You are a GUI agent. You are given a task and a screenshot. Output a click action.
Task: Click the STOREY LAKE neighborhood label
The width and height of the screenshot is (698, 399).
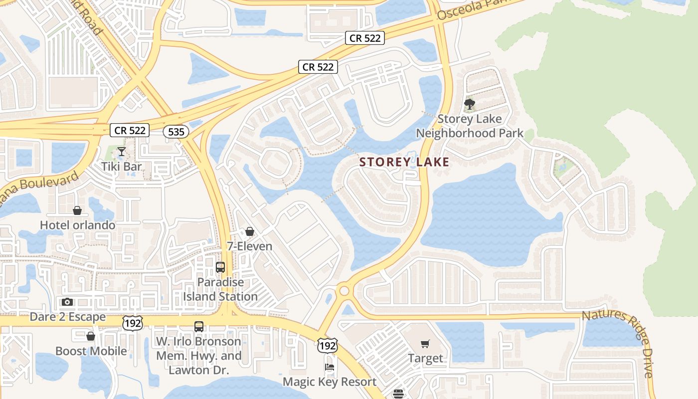(404, 162)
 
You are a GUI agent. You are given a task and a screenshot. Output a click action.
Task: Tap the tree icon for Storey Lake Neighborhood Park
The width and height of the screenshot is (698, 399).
(469, 104)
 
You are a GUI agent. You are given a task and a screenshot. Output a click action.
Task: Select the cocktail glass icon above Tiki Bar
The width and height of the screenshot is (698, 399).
(121, 151)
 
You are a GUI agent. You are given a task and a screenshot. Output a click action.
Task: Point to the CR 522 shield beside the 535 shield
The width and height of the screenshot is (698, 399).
(130, 130)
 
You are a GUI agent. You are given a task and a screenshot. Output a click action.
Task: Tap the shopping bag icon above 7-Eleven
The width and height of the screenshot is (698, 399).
(249, 231)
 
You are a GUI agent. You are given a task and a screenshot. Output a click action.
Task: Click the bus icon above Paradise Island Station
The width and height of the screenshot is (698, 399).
(220, 267)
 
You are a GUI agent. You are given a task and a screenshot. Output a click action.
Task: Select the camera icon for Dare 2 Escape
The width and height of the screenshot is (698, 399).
(67, 302)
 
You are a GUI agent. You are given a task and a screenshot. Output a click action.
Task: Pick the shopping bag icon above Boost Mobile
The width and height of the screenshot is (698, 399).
(91, 336)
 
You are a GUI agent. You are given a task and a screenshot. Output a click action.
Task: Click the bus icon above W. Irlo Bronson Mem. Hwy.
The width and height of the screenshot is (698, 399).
(199, 327)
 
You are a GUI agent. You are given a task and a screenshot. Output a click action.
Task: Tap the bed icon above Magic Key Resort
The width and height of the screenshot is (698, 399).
(330, 367)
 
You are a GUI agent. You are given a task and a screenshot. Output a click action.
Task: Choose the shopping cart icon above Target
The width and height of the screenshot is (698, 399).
(425, 344)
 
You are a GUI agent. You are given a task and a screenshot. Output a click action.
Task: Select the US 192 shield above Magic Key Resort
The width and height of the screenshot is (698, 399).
(327, 345)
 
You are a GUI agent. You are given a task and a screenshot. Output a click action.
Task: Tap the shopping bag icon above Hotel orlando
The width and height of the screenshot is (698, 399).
(77, 210)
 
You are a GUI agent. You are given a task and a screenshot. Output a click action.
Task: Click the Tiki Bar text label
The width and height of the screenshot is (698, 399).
(122, 166)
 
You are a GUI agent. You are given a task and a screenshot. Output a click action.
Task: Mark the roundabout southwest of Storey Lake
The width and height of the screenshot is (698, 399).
(344, 290)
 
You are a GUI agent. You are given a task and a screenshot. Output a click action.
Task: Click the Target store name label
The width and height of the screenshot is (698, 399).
(425, 358)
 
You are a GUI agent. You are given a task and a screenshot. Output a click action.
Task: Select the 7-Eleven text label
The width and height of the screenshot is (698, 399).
(249, 246)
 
